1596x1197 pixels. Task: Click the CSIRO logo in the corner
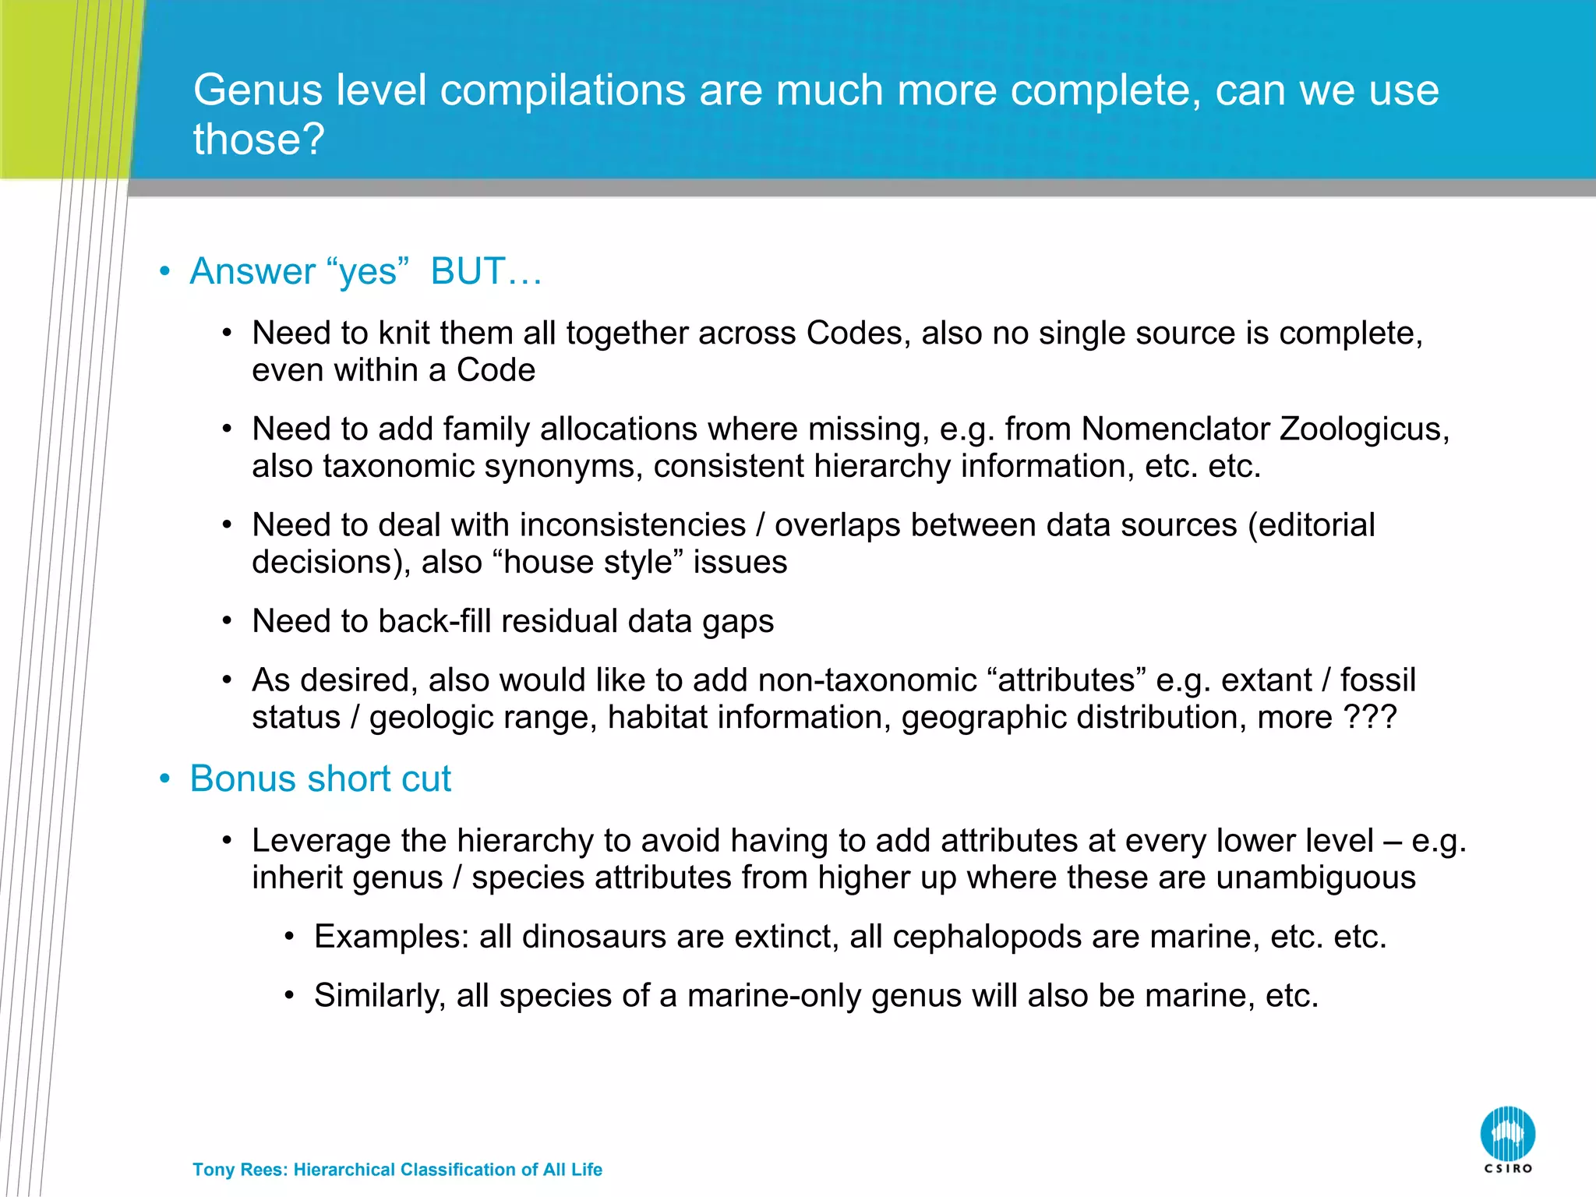(x=1507, y=1139)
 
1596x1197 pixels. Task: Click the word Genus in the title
(x=257, y=90)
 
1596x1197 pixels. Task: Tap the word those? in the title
(x=258, y=139)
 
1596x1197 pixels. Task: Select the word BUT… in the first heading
(x=486, y=272)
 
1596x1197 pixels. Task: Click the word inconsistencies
(x=632, y=525)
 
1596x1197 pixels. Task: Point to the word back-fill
(x=435, y=622)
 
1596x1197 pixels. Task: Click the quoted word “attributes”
(x=1066, y=680)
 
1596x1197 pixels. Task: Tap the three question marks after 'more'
(x=1371, y=718)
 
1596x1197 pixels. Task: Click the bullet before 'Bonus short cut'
(x=164, y=779)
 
